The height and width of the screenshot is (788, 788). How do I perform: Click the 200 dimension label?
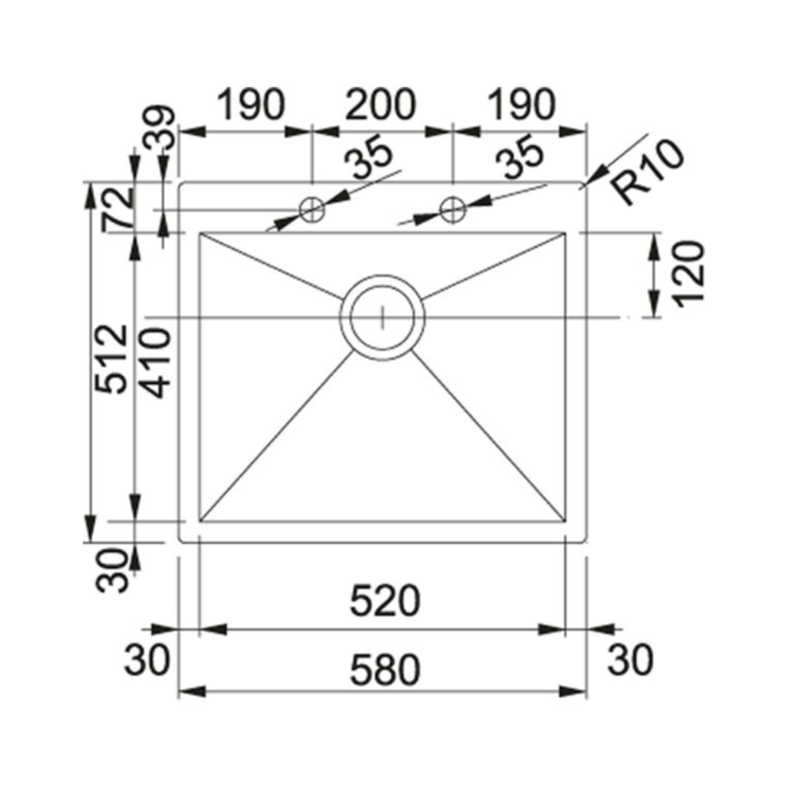click(381, 105)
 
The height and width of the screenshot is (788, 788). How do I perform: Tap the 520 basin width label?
click(385, 601)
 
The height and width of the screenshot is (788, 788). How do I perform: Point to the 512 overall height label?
click(112, 359)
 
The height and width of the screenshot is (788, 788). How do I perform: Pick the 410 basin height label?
click(155, 362)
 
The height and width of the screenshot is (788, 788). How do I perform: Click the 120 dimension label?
click(689, 274)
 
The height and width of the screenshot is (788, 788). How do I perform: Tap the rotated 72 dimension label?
click(118, 210)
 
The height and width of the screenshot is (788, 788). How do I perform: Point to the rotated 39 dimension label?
click(160, 128)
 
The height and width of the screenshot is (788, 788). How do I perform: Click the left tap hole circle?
click(312, 209)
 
